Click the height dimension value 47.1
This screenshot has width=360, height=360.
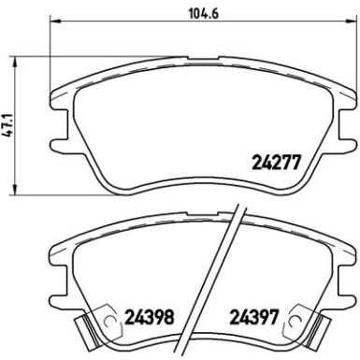[x=8, y=122]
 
